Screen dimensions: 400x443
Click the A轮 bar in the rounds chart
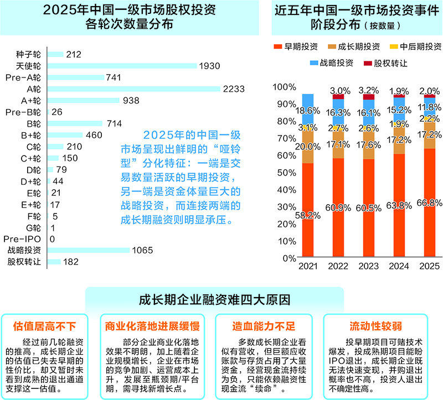tap(133, 89)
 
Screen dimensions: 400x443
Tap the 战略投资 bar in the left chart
tap(89, 250)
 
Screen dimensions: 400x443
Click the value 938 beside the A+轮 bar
tap(131, 100)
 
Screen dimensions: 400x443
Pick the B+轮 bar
tap(65, 135)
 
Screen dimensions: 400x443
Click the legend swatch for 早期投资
tap(278, 47)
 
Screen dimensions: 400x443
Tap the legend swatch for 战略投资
tap(314, 63)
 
